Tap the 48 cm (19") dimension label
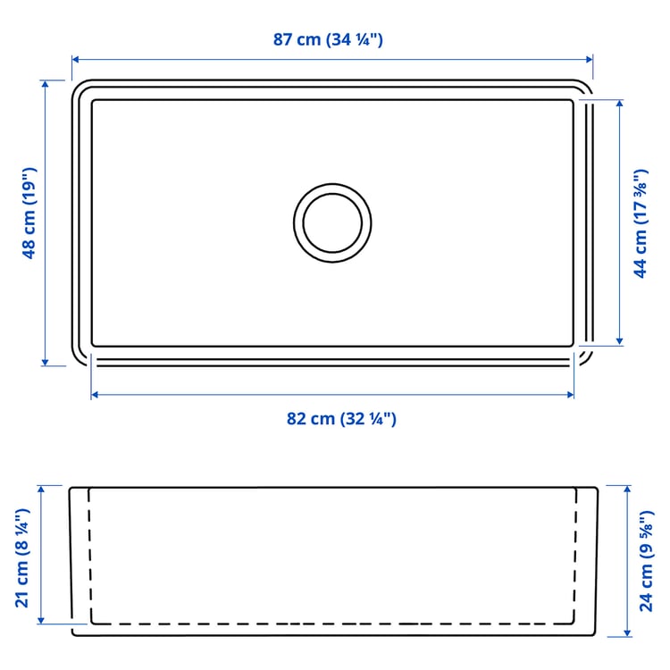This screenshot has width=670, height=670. (29, 214)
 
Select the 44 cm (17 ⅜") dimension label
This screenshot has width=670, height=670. (640, 223)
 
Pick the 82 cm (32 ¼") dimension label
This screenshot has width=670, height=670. (340, 419)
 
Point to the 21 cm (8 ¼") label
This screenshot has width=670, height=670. (23, 557)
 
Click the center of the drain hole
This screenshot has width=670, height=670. (332, 222)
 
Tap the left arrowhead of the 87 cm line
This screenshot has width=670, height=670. (75, 60)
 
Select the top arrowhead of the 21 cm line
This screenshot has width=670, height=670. (41, 489)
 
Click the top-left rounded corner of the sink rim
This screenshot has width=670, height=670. (80, 88)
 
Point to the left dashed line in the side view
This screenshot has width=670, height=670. (89, 554)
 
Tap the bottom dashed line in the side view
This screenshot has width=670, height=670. (332, 623)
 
